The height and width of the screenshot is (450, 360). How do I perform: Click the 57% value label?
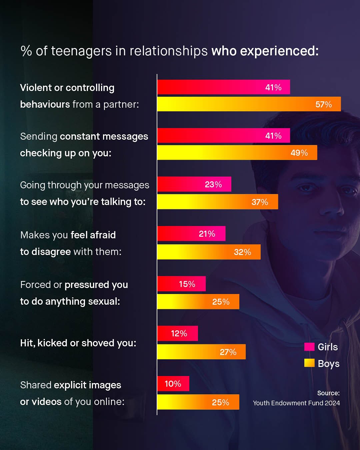[323, 104]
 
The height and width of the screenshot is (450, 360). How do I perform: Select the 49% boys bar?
[237, 153]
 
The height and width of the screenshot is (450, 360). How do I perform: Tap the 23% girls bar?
[194, 184]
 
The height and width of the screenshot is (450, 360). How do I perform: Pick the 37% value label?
[260, 202]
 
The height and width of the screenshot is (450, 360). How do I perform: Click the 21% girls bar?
[191, 234]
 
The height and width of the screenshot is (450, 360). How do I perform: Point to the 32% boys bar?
[209, 252]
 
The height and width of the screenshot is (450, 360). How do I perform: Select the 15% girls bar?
[181, 284]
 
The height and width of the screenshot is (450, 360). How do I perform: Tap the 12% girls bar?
[177, 333]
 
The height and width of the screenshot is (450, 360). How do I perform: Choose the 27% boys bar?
[201, 352]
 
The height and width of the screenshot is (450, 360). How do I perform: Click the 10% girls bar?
[173, 384]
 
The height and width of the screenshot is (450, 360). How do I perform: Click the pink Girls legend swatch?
[309, 347]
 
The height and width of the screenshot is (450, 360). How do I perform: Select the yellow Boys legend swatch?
[309, 363]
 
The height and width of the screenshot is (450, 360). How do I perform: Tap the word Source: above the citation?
[328, 393]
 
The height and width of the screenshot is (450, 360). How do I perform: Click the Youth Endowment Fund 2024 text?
[296, 403]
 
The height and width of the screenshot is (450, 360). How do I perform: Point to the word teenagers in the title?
[81, 51]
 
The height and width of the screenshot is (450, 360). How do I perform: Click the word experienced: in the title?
[279, 51]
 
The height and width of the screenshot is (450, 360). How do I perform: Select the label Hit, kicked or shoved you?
[78, 343]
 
